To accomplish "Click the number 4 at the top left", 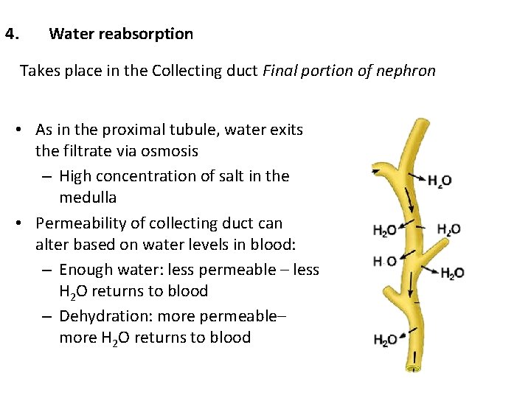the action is pyautogui.click(x=10, y=34).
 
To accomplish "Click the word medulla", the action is pyautogui.click(x=88, y=198).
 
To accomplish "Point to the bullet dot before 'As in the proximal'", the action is pyautogui.click(x=25, y=130).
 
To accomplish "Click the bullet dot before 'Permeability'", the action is pyautogui.click(x=25, y=223).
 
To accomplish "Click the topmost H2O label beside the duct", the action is pyautogui.click(x=440, y=181).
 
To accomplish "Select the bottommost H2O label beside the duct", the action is pyautogui.click(x=386, y=340).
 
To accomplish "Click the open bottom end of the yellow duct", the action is pyautogui.click(x=416, y=366).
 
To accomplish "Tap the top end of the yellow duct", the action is pyautogui.click(x=422, y=123).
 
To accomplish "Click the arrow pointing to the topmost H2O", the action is pyautogui.click(x=417, y=178).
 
